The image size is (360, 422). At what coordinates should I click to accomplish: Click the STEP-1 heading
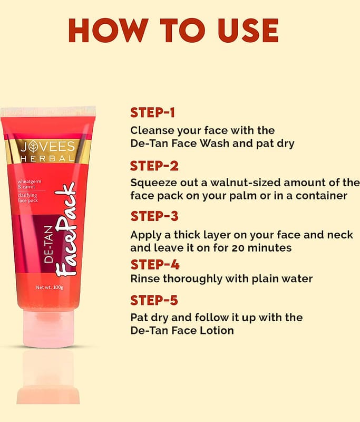[x=152, y=112]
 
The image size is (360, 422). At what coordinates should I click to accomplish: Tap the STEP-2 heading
[x=154, y=166]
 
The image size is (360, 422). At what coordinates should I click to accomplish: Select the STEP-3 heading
[x=154, y=216]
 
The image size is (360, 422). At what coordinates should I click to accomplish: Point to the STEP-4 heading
[x=155, y=265]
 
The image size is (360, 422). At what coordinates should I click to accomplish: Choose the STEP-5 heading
[x=154, y=300]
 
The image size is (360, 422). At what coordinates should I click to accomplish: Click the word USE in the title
[x=248, y=31]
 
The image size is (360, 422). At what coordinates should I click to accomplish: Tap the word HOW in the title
[x=109, y=31]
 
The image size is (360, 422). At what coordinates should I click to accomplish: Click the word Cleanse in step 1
[x=152, y=130]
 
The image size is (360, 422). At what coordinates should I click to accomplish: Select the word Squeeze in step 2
[x=153, y=183]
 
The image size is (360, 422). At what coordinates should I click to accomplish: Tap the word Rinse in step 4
[x=145, y=279]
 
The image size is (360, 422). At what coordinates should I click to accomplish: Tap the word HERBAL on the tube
[x=47, y=159]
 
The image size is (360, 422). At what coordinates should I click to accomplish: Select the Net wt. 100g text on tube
[x=50, y=287]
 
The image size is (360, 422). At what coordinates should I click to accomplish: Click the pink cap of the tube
[x=48, y=328]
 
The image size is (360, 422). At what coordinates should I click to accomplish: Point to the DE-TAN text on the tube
[x=48, y=244]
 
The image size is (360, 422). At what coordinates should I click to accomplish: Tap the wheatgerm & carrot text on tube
[x=30, y=184]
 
